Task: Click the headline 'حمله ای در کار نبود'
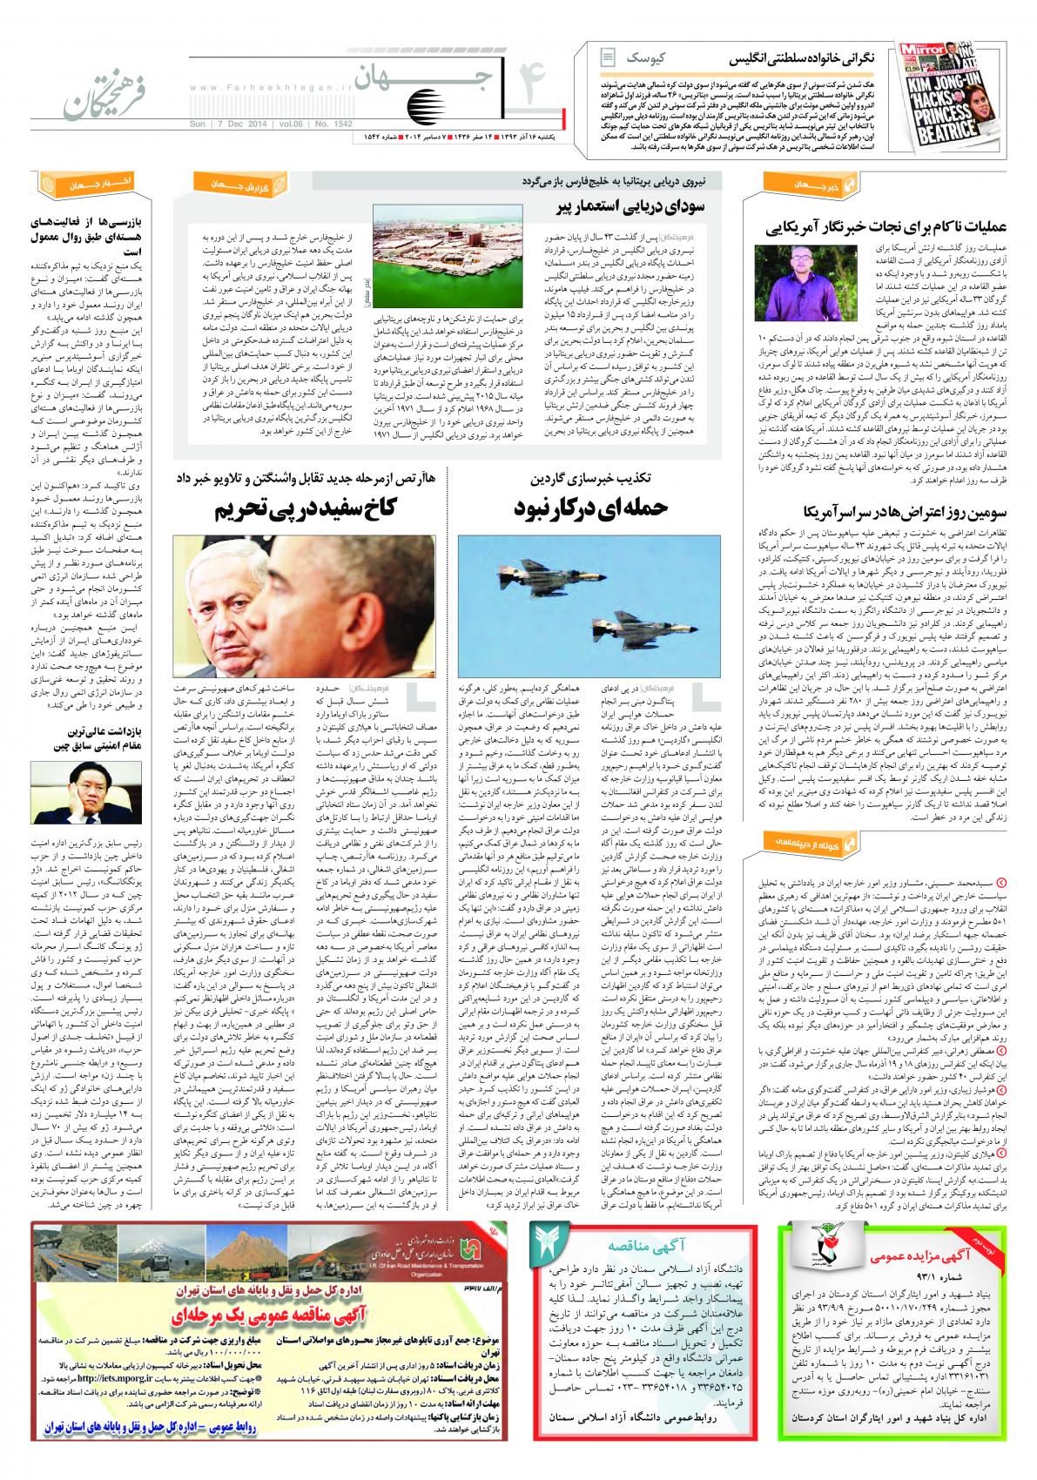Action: [590, 508]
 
